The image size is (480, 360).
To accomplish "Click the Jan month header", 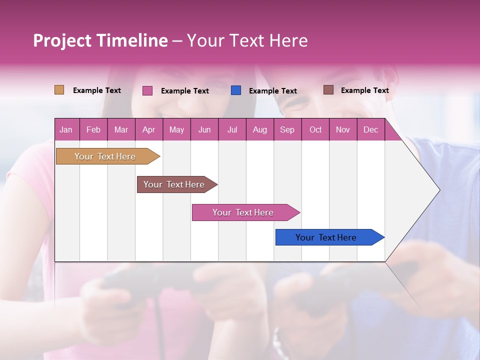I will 66,129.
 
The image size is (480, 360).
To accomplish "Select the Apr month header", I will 148,129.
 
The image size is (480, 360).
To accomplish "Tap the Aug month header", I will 259,129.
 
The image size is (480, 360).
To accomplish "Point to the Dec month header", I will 370,129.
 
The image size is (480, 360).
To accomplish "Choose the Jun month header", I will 204,129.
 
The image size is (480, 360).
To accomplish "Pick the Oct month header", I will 315,129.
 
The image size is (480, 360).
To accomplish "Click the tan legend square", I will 59,90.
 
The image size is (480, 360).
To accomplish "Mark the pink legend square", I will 147,90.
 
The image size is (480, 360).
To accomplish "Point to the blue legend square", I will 236,90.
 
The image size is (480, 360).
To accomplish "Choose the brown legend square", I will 328,90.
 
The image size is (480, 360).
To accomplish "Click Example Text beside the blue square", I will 273,91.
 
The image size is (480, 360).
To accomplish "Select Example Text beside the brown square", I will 365,90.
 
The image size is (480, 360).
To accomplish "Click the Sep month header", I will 287,129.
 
